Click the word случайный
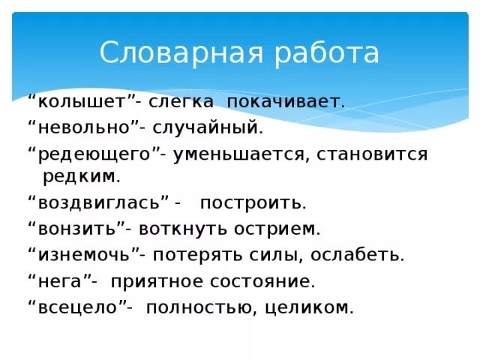218,127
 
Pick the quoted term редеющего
97,154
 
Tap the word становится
372,154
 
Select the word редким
81,176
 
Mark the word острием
280,229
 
